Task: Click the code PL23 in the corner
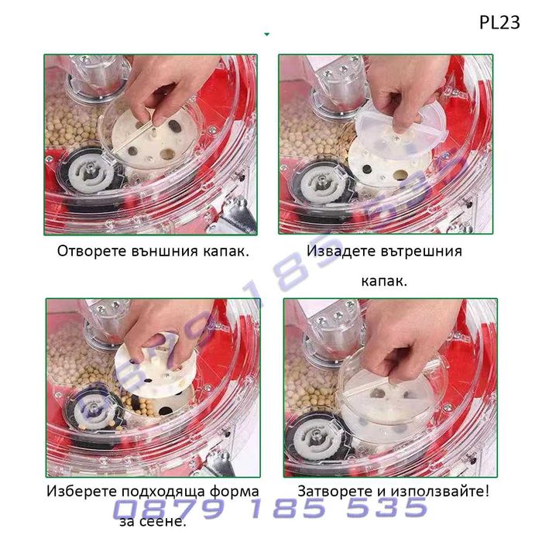pos(499,22)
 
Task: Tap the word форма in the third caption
pos(235,492)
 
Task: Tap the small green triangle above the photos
pos(266,34)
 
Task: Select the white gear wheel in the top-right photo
pos(321,182)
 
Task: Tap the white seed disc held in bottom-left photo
pos(156,366)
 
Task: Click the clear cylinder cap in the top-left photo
pos(100,77)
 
